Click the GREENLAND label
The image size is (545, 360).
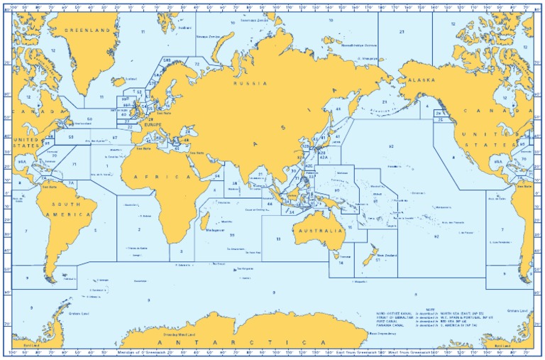(89, 31)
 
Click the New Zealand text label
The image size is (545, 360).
(386, 256)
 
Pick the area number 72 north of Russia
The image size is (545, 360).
(197, 64)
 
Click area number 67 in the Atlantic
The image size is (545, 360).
(115, 138)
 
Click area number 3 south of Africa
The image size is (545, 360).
(182, 251)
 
